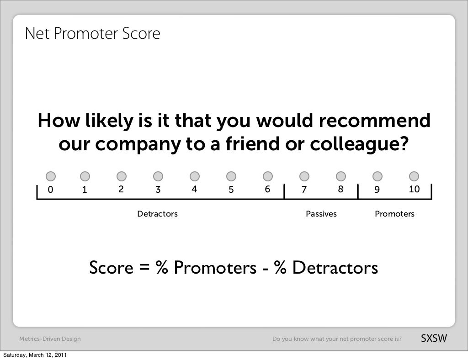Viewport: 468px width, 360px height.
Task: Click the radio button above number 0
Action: point(51,176)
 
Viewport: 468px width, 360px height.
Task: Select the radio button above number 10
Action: point(414,176)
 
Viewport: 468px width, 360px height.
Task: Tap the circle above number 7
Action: point(304,176)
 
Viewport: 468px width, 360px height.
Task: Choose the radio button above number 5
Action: point(231,176)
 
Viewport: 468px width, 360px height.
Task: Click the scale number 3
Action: point(158,190)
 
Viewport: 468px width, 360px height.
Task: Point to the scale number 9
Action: point(377,190)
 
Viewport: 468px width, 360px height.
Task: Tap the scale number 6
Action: point(267,190)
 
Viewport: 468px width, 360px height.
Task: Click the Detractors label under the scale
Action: point(158,214)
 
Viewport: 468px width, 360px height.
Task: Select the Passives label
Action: point(321,214)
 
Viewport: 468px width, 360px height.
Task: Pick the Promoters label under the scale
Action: point(394,214)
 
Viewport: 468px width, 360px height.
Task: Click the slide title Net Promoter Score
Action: point(93,33)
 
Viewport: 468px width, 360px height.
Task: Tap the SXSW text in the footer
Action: point(433,339)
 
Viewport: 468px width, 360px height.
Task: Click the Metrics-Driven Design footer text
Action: point(50,339)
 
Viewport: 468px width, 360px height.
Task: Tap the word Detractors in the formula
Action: point(335,268)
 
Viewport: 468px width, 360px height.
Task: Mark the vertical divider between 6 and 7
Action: point(284,192)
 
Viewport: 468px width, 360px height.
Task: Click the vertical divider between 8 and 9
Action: point(359,192)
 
